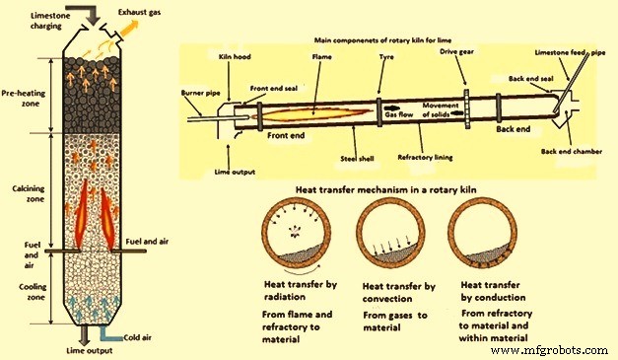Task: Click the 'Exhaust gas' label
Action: [139, 12]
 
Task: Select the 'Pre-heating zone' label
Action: [24, 99]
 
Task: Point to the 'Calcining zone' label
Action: [29, 193]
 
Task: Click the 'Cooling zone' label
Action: [33, 292]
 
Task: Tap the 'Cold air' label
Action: [138, 337]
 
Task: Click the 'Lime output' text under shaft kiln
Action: [90, 350]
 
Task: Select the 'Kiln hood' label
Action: [235, 57]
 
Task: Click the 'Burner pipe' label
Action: [200, 93]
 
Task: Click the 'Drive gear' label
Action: [456, 51]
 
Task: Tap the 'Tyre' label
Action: [386, 57]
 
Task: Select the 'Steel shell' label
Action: [357, 159]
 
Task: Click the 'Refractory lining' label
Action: [425, 158]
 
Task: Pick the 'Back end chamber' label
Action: [572, 152]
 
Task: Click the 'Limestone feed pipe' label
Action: [570, 53]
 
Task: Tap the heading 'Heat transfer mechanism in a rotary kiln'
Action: [385, 190]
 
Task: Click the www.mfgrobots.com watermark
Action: [549, 350]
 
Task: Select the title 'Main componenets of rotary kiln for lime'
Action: [382, 40]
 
